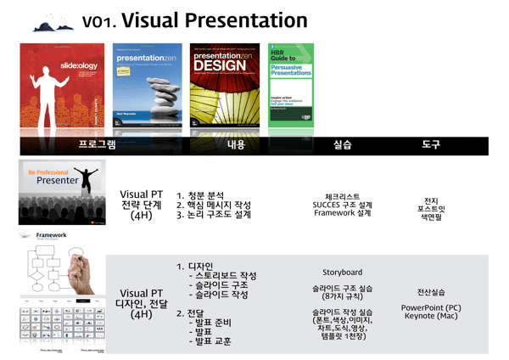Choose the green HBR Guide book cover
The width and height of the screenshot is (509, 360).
click(x=290, y=85)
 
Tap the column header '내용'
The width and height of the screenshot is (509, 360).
click(x=236, y=145)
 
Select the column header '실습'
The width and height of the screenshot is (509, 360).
click(x=342, y=145)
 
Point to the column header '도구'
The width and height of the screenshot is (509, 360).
click(x=431, y=145)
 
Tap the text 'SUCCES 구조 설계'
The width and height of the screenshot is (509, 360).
click(x=342, y=205)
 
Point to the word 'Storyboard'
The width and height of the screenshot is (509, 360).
click(x=342, y=273)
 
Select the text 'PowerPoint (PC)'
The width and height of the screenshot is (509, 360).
click(x=431, y=307)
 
